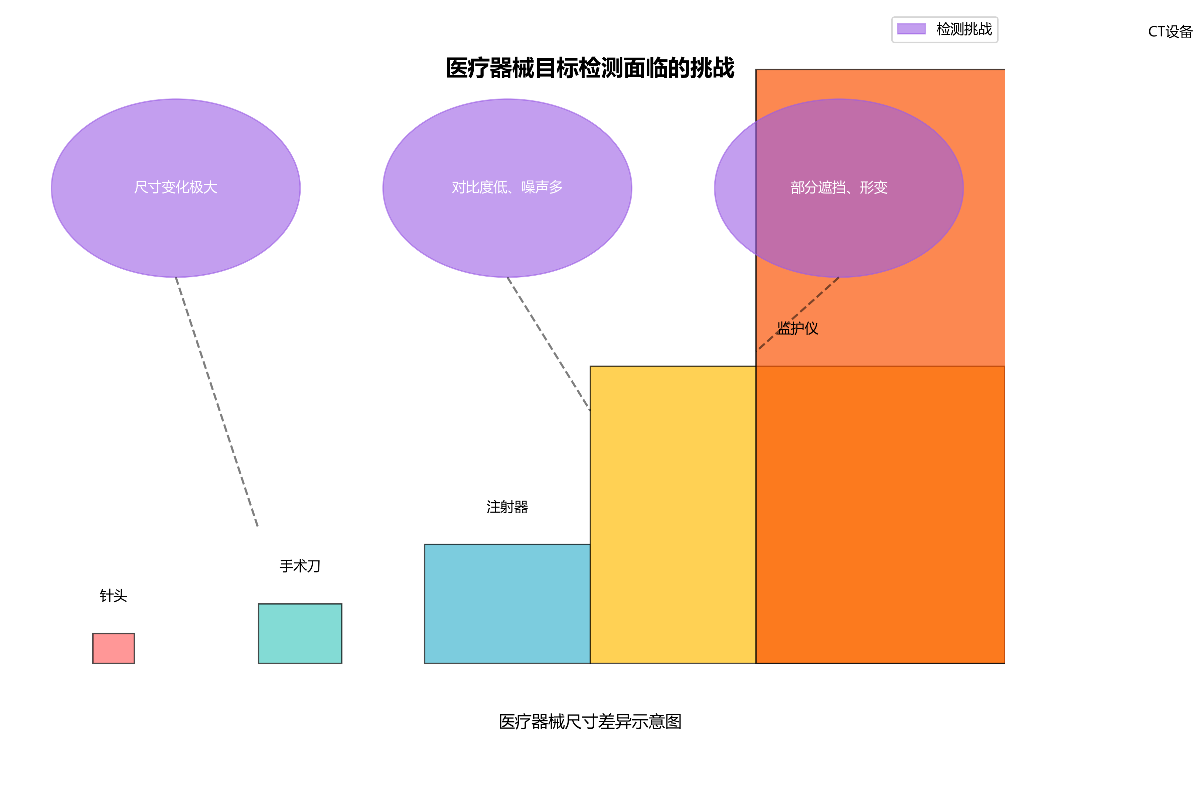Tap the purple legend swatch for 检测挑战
(x=911, y=29)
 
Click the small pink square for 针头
(x=113, y=648)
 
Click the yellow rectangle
(x=673, y=514)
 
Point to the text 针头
(x=113, y=596)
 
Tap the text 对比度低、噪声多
(x=507, y=187)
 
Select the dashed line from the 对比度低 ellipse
(x=549, y=344)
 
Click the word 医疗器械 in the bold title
(x=489, y=68)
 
